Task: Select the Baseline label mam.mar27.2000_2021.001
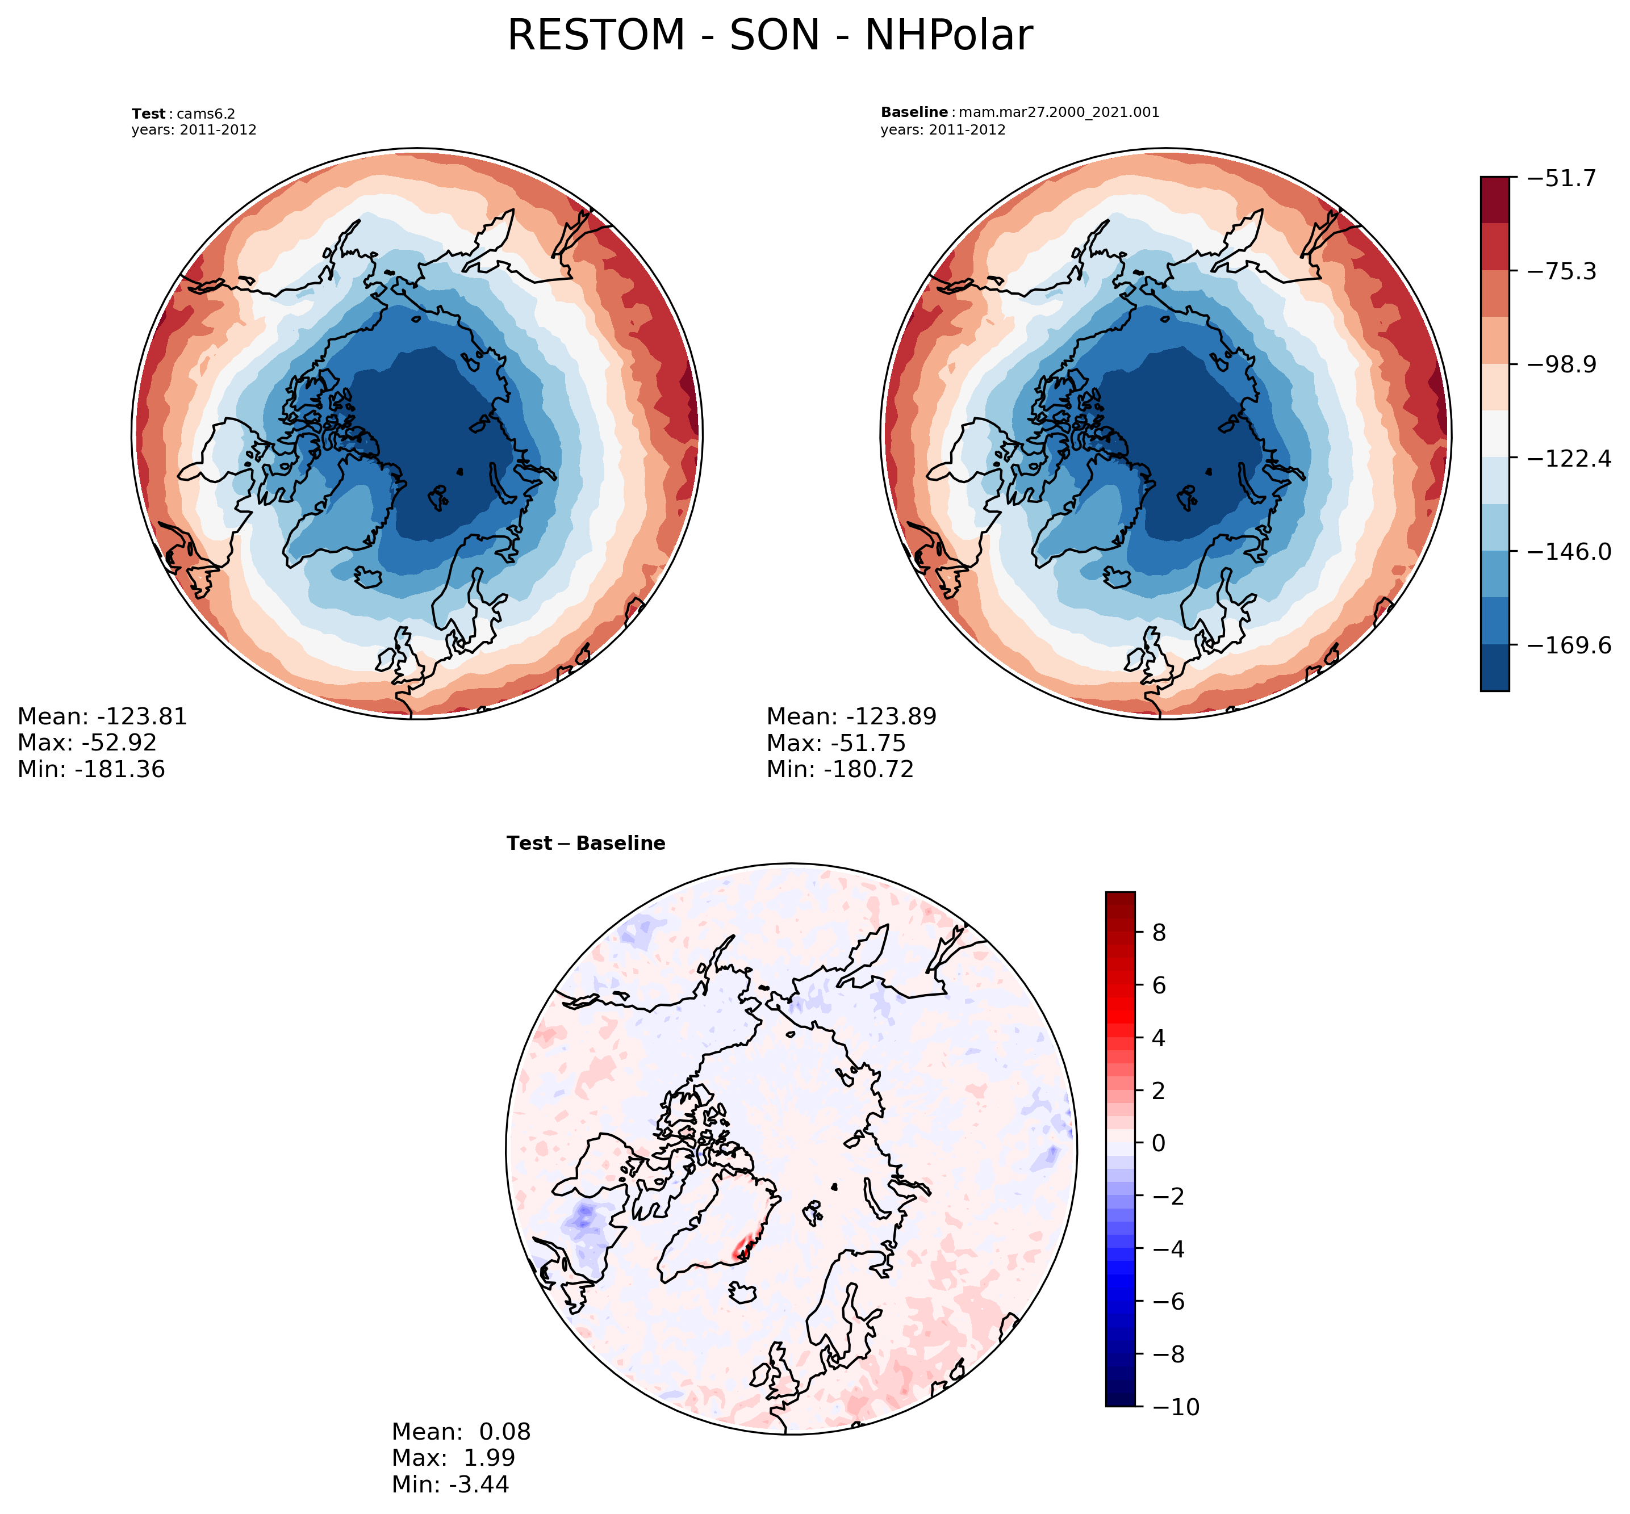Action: tap(1019, 112)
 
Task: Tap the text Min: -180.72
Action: tap(839, 769)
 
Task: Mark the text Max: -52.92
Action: tap(87, 743)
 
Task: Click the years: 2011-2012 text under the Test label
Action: tap(194, 129)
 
